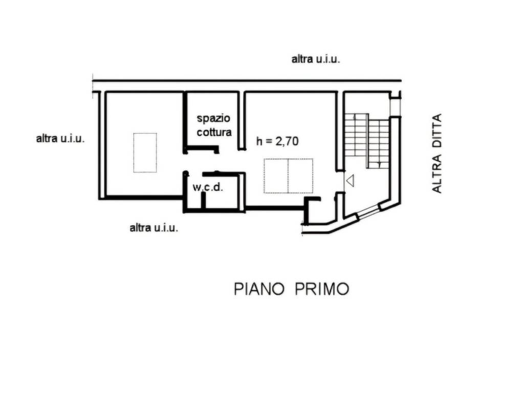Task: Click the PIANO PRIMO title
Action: coord(291,289)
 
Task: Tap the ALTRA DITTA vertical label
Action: coord(436,153)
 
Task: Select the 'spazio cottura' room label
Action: coord(214,125)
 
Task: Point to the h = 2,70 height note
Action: coord(277,142)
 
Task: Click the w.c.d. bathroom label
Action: coord(208,187)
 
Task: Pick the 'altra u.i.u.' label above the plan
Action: coord(316,59)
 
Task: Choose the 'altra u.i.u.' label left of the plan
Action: coord(60,138)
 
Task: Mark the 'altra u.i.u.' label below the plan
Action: coord(154,228)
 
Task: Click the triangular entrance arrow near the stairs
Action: coord(350,181)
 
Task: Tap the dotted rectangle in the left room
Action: coord(145,152)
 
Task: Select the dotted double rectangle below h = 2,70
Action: coord(288,176)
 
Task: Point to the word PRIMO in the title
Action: coord(322,289)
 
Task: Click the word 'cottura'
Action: coord(214,132)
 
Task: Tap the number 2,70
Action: coord(287,142)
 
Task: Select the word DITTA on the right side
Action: coord(436,131)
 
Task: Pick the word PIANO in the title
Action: coord(259,289)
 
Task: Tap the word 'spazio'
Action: coord(214,118)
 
